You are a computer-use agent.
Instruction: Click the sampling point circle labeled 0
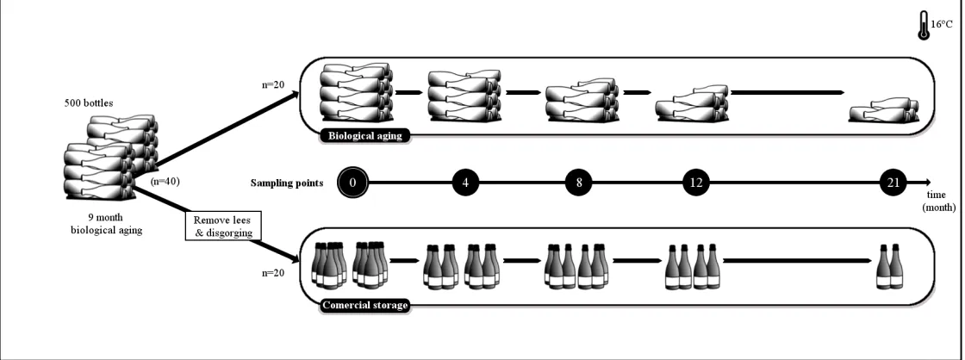(x=352, y=183)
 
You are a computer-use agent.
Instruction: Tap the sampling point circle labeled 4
(x=465, y=183)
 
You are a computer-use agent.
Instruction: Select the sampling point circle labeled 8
(x=579, y=183)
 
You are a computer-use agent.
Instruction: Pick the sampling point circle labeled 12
(x=696, y=183)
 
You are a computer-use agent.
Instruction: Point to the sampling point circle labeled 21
(x=893, y=183)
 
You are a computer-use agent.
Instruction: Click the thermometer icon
(x=923, y=26)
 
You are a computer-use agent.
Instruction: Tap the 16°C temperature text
(x=942, y=25)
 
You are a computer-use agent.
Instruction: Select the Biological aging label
(x=365, y=136)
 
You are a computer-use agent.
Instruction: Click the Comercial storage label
(x=365, y=305)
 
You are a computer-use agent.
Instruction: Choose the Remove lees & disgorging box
(x=223, y=227)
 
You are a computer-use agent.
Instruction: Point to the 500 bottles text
(x=89, y=102)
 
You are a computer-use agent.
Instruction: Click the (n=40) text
(x=165, y=182)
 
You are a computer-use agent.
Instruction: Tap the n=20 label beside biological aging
(x=273, y=84)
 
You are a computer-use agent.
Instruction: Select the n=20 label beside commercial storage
(x=273, y=273)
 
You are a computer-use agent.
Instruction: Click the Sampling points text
(x=287, y=183)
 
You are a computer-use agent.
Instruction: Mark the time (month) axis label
(x=938, y=202)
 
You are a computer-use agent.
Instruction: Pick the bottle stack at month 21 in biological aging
(x=884, y=110)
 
